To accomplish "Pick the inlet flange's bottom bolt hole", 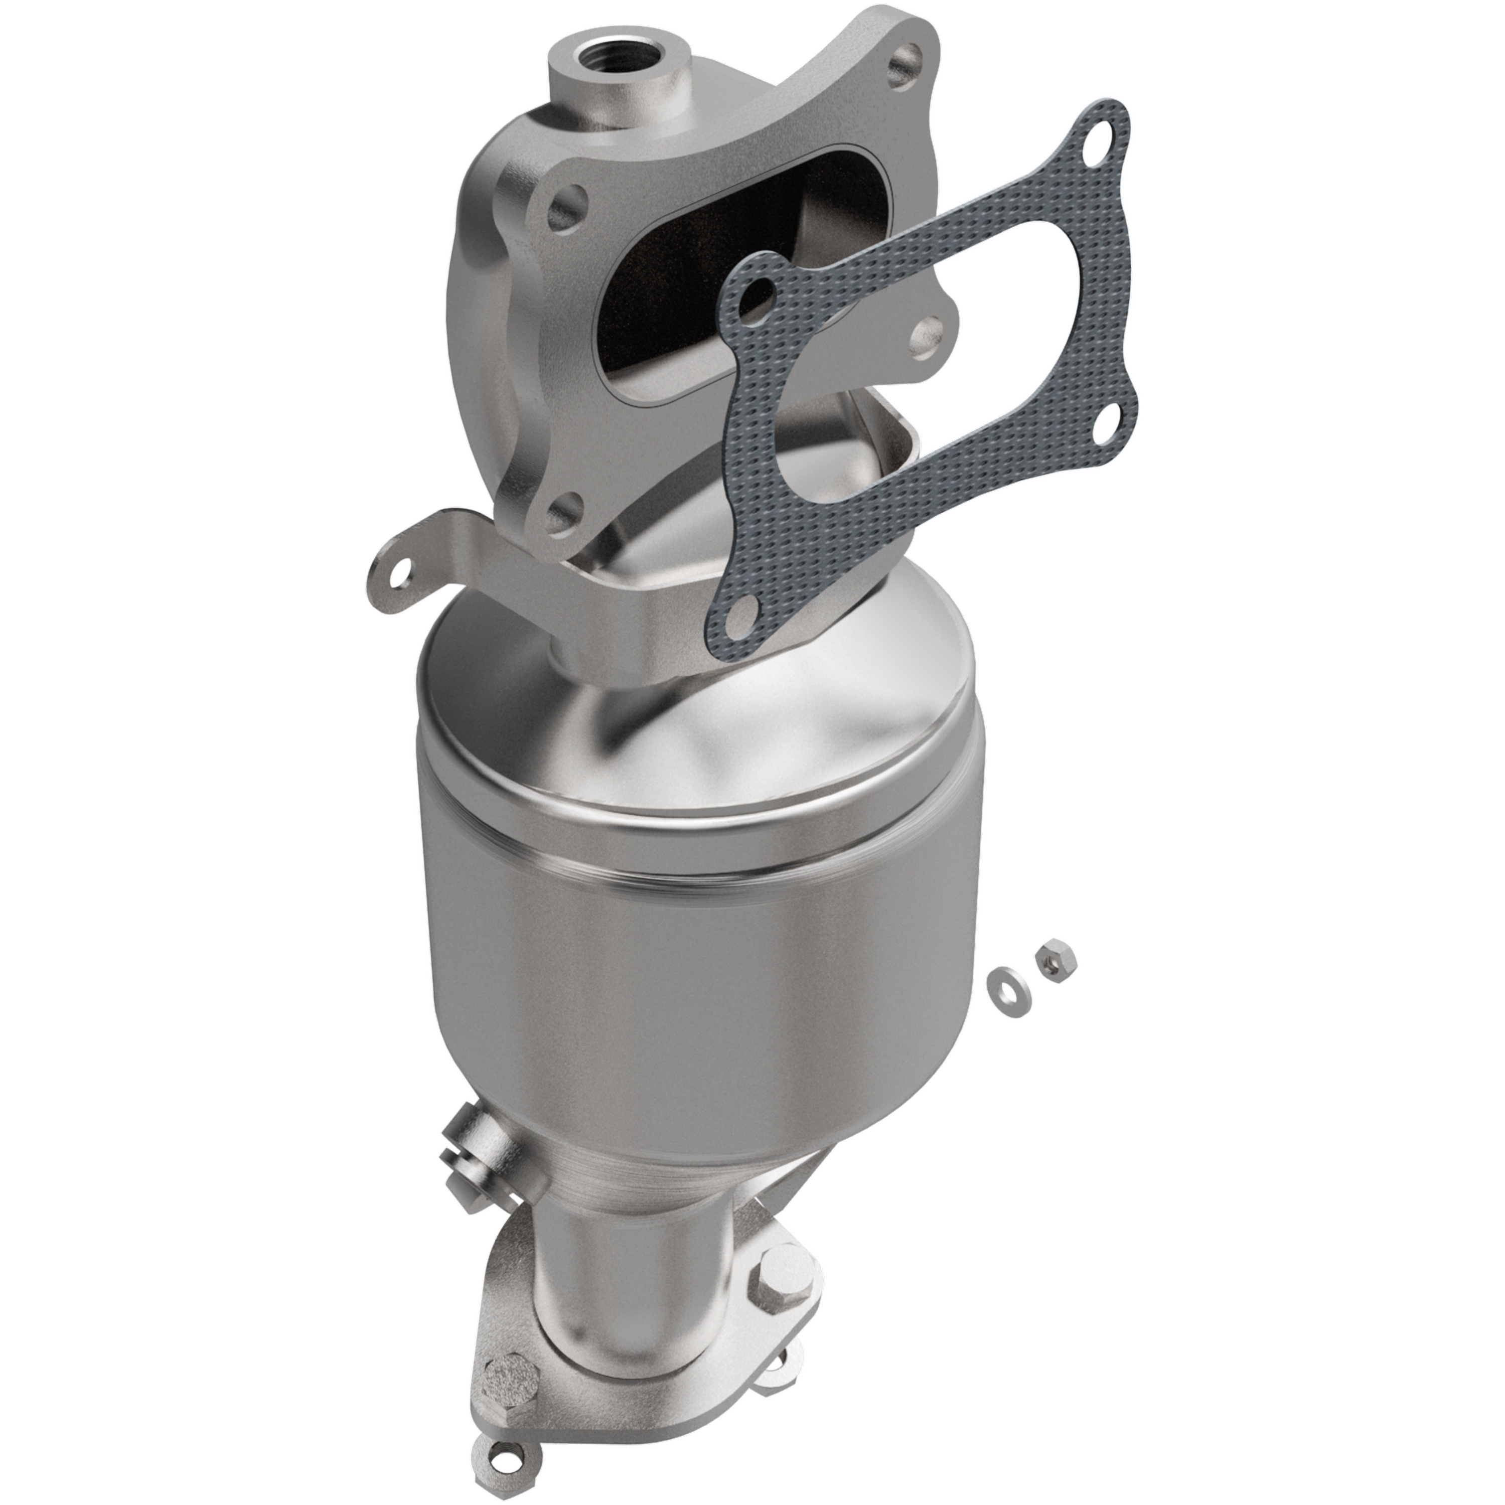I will (x=563, y=513).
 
